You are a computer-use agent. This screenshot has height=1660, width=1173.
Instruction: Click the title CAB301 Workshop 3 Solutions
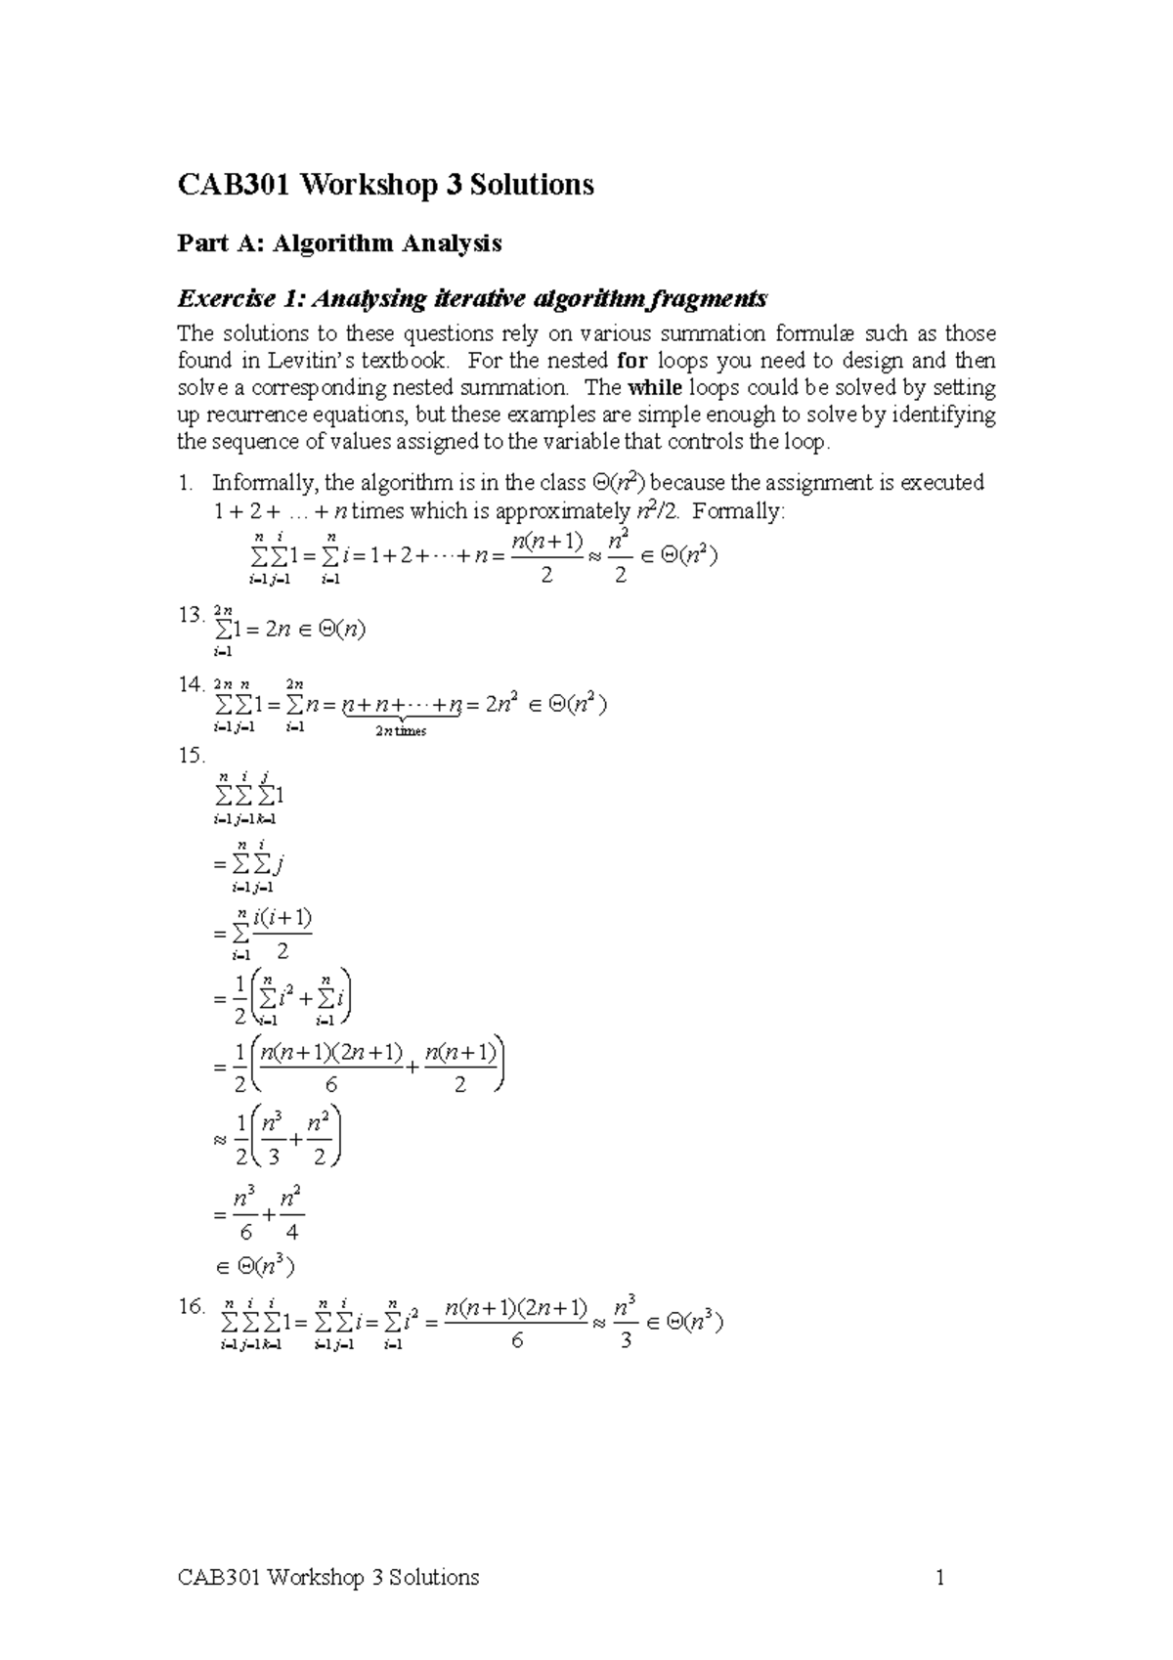[385, 184]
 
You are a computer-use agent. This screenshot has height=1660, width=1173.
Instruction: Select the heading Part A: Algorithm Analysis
[339, 243]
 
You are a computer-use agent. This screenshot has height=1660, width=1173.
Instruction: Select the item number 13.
[191, 615]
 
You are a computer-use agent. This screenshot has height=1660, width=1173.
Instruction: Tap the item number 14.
[191, 683]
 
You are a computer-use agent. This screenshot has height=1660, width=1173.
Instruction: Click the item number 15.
[191, 755]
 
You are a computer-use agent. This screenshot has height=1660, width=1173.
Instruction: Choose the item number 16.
[191, 1306]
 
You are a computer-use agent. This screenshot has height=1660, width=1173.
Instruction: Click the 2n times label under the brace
[401, 731]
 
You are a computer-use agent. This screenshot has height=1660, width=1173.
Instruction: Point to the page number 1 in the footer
[939, 1577]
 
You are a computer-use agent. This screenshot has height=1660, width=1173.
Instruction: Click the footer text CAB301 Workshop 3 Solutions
[328, 1577]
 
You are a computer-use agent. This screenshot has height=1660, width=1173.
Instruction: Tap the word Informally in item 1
[264, 483]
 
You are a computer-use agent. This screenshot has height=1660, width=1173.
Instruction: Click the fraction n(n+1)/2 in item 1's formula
[546, 557]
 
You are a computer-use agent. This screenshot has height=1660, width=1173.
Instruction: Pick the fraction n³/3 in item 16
[626, 1323]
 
